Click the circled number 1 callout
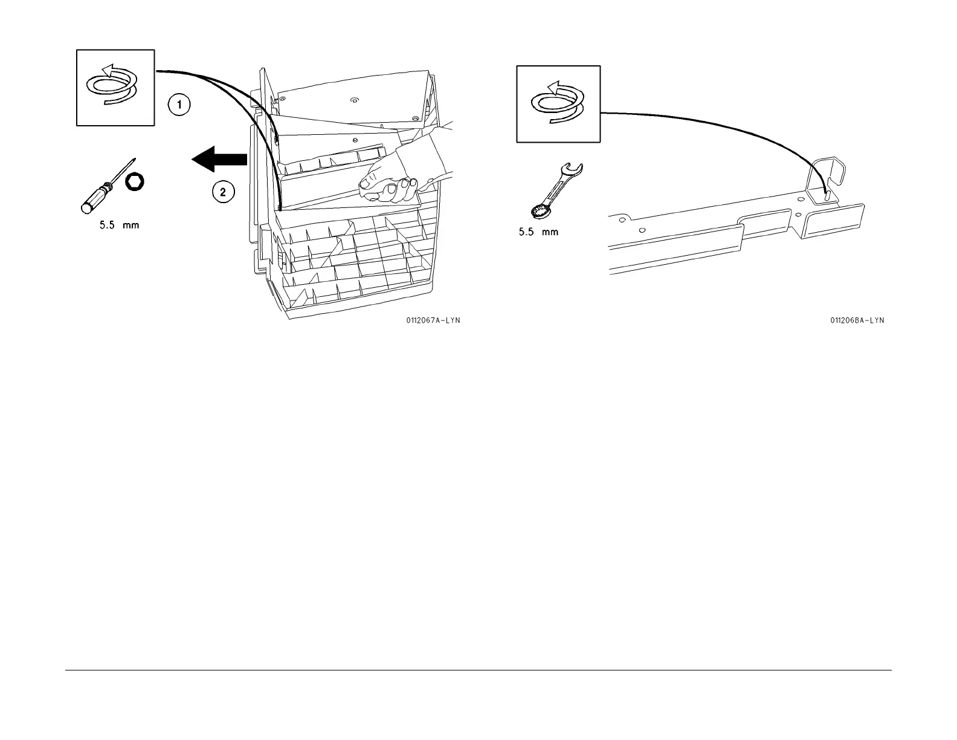click(179, 105)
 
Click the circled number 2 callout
click(222, 192)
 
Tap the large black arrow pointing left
click(219, 160)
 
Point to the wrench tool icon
click(555, 189)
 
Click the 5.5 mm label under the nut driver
click(119, 226)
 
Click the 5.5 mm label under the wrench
click(538, 232)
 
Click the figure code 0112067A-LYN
click(433, 320)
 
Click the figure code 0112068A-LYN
click(857, 320)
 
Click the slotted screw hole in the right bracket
click(826, 195)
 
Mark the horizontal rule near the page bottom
click(477, 669)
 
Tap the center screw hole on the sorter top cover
click(353, 97)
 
